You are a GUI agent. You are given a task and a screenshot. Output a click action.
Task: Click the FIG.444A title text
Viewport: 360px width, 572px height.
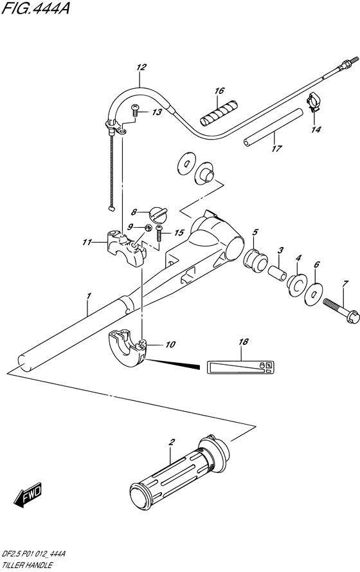pos(35,8)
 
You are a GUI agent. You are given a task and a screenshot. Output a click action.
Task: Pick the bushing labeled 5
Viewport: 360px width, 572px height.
pos(255,259)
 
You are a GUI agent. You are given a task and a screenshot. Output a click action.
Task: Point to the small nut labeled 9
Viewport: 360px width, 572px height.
pos(148,228)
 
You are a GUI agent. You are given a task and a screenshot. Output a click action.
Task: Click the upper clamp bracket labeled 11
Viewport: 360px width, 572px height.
pos(126,248)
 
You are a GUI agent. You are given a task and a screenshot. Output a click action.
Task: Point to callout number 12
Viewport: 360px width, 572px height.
pos(141,68)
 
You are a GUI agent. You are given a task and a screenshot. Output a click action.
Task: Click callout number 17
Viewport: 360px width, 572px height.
pos(277,148)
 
